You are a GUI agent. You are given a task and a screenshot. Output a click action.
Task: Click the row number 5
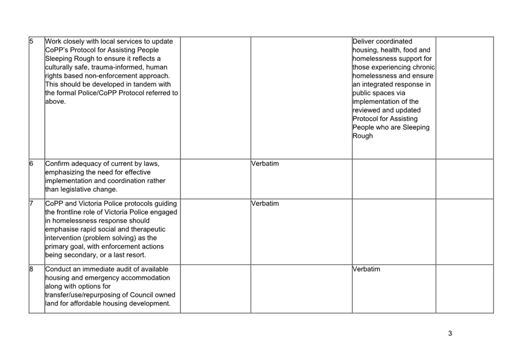32,41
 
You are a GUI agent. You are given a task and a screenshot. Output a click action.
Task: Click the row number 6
32,164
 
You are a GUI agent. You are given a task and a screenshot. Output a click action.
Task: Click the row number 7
32,204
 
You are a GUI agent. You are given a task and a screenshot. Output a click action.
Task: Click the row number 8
32,269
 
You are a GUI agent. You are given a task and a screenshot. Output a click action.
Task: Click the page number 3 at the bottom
450,334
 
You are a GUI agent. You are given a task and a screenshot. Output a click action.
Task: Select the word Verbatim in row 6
265,164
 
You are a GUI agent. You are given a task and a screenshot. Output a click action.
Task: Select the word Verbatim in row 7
265,204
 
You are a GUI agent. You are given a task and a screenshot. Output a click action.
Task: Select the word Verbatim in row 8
367,269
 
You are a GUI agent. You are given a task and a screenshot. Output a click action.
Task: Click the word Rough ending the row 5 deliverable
363,136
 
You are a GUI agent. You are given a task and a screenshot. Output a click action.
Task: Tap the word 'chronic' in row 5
421,67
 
